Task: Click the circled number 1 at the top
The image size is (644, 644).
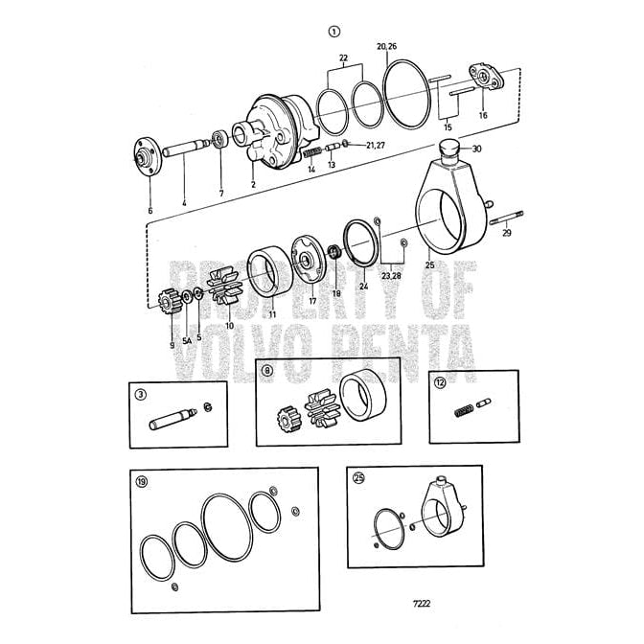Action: [x=333, y=31]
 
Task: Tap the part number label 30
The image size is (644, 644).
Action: [x=476, y=149]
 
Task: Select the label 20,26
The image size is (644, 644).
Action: [x=386, y=45]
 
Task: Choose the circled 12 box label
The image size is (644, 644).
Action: [x=439, y=382]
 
